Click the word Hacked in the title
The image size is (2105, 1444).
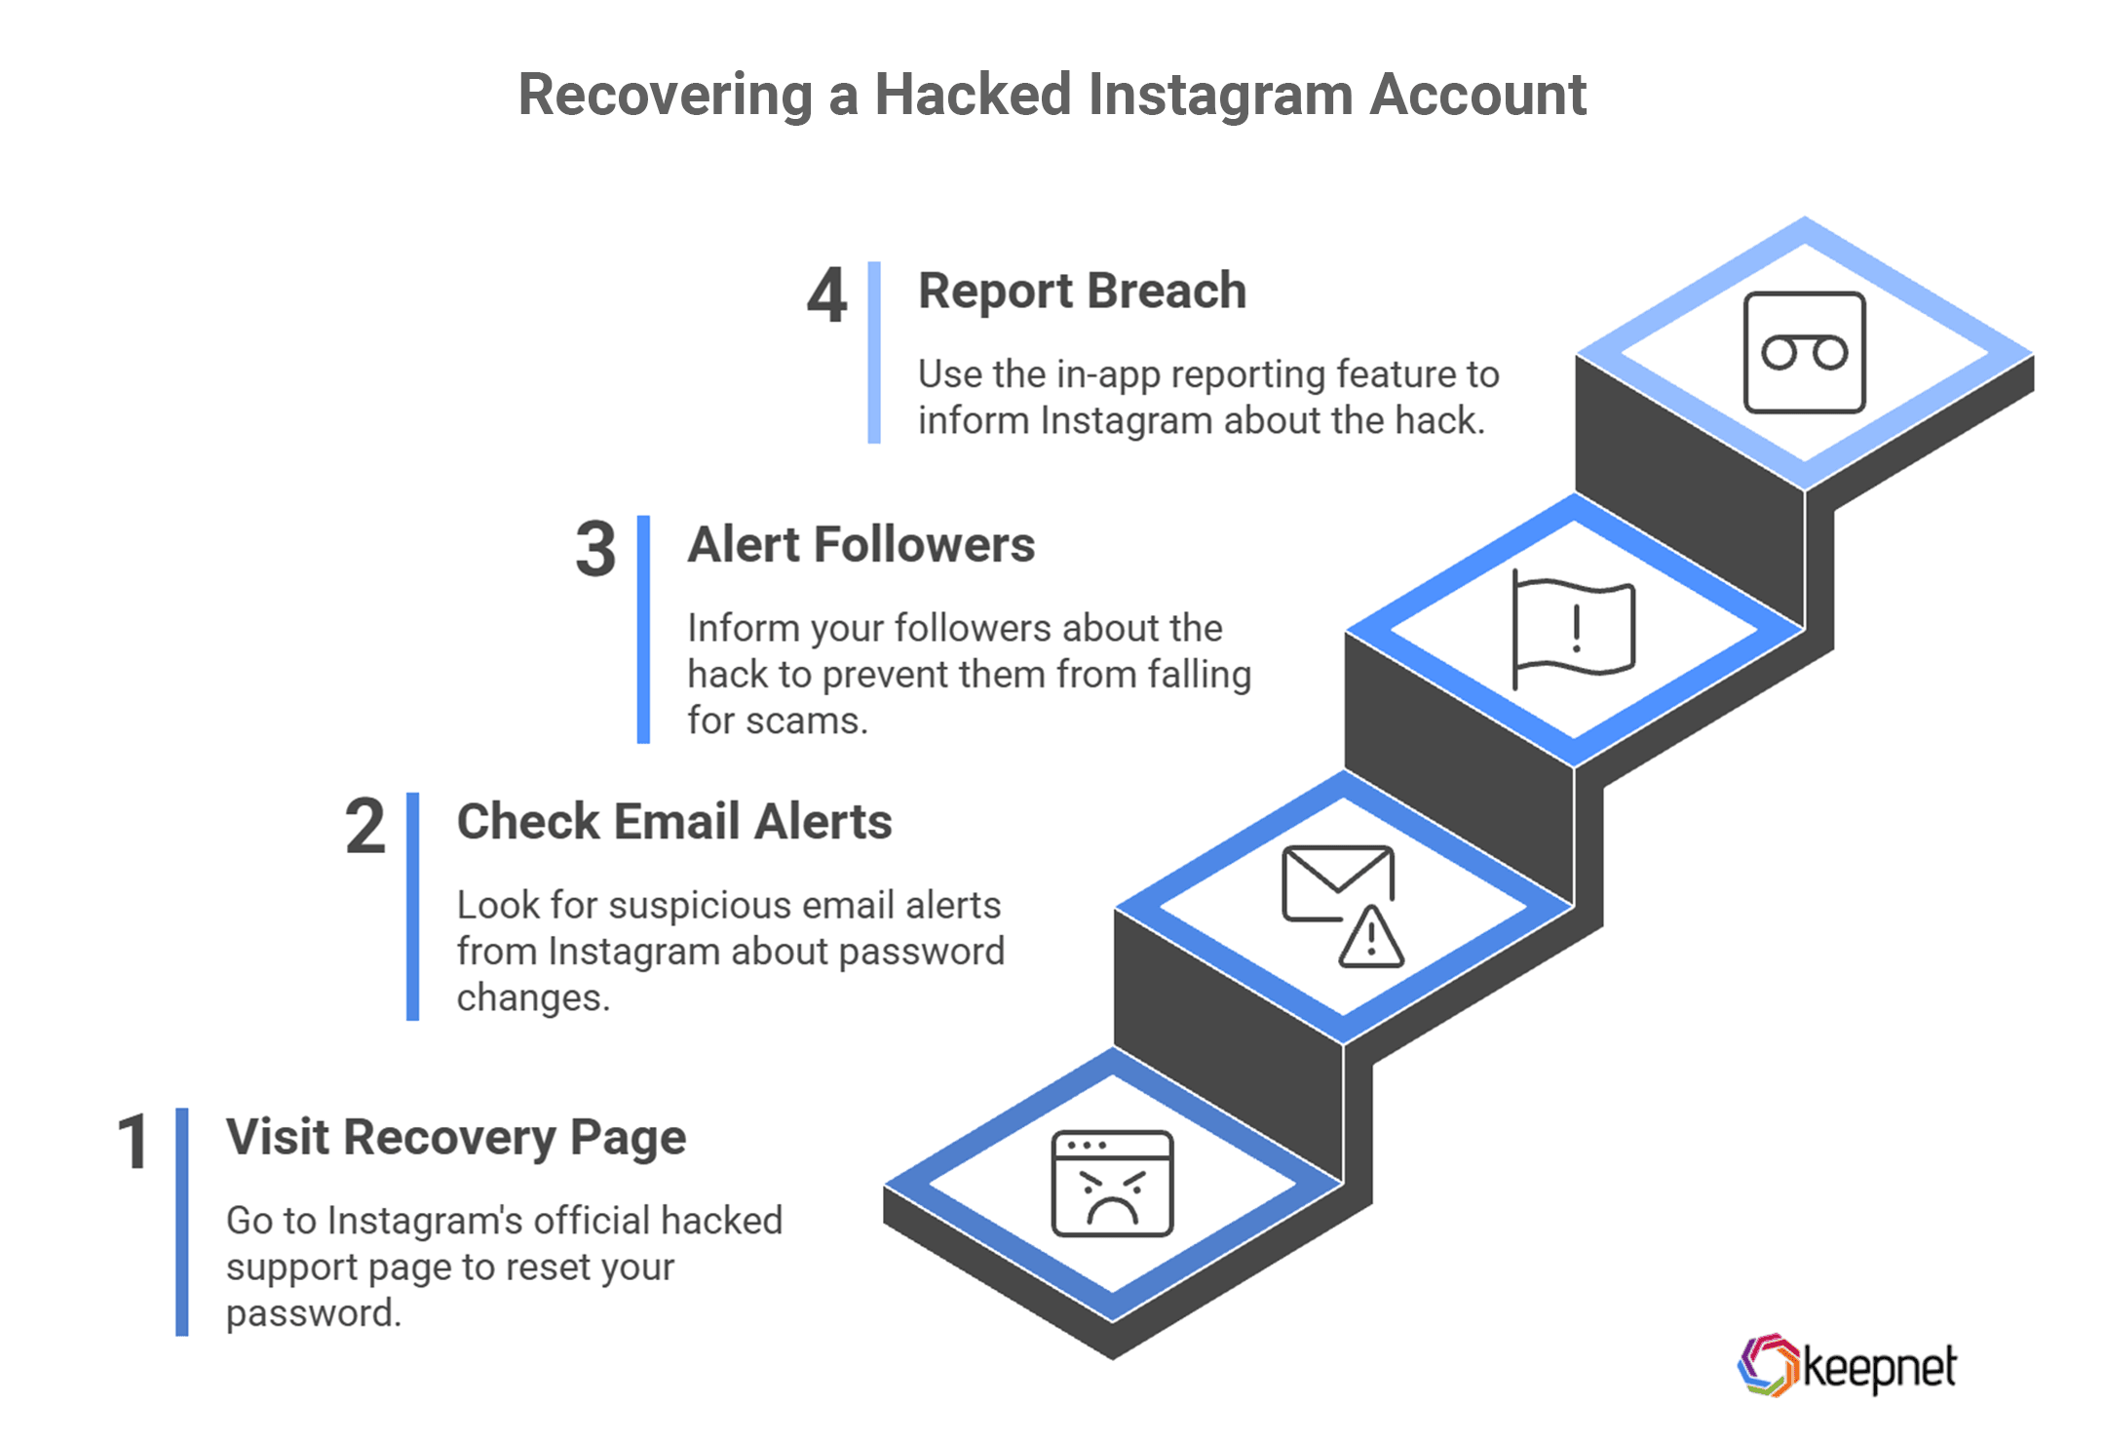point(972,95)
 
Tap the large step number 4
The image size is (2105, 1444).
point(826,296)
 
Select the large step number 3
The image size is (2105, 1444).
point(594,550)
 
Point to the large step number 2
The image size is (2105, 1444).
point(365,827)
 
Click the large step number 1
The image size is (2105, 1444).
point(134,1143)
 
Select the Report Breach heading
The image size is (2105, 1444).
point(1082,292)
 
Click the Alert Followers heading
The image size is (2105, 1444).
point(861,545)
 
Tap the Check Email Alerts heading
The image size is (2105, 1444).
point(673,822)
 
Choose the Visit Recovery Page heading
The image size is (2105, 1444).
point(455,1138)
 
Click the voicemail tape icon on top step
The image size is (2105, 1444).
point(1804,353)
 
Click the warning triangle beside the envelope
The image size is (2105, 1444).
point(1371,939)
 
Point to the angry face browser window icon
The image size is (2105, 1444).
point(1112,1184)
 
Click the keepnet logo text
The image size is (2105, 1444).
point(1878,1367)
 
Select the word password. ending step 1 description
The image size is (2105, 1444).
point(313,1314)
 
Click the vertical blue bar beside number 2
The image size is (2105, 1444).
point(412,907)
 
